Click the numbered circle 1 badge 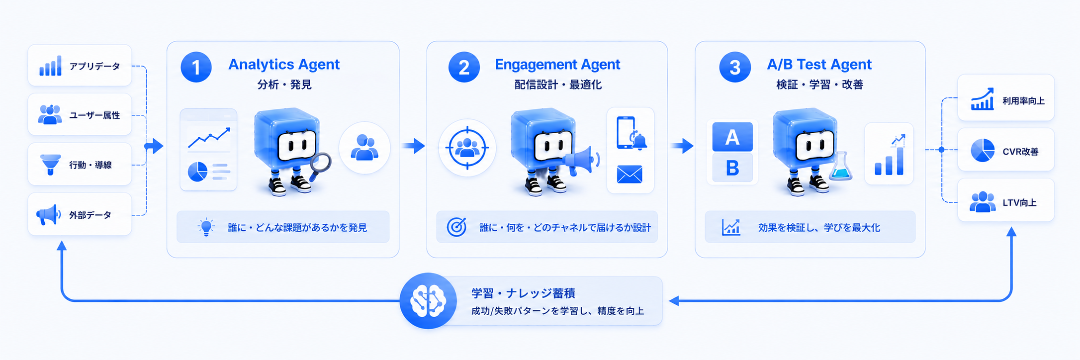click(196, 67)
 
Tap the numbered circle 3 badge click(735, 67)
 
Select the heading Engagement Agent click(557, 65)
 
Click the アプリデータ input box click(80, 65)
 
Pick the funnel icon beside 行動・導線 click(50, 165)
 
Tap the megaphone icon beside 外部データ click(49, 215)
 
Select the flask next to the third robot click(840, 166)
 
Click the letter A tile click(732, 137)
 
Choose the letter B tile click(732, 168)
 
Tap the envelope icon click(630, 175)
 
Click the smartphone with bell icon click(630, 133)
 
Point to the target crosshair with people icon click(467, 148)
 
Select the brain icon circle click(428, 301)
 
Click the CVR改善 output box click(1006, 150)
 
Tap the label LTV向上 click(1019, 203)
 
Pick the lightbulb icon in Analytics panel click(206, 227)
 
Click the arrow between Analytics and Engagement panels click(414, 146)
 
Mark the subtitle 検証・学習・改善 click(819, 85)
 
